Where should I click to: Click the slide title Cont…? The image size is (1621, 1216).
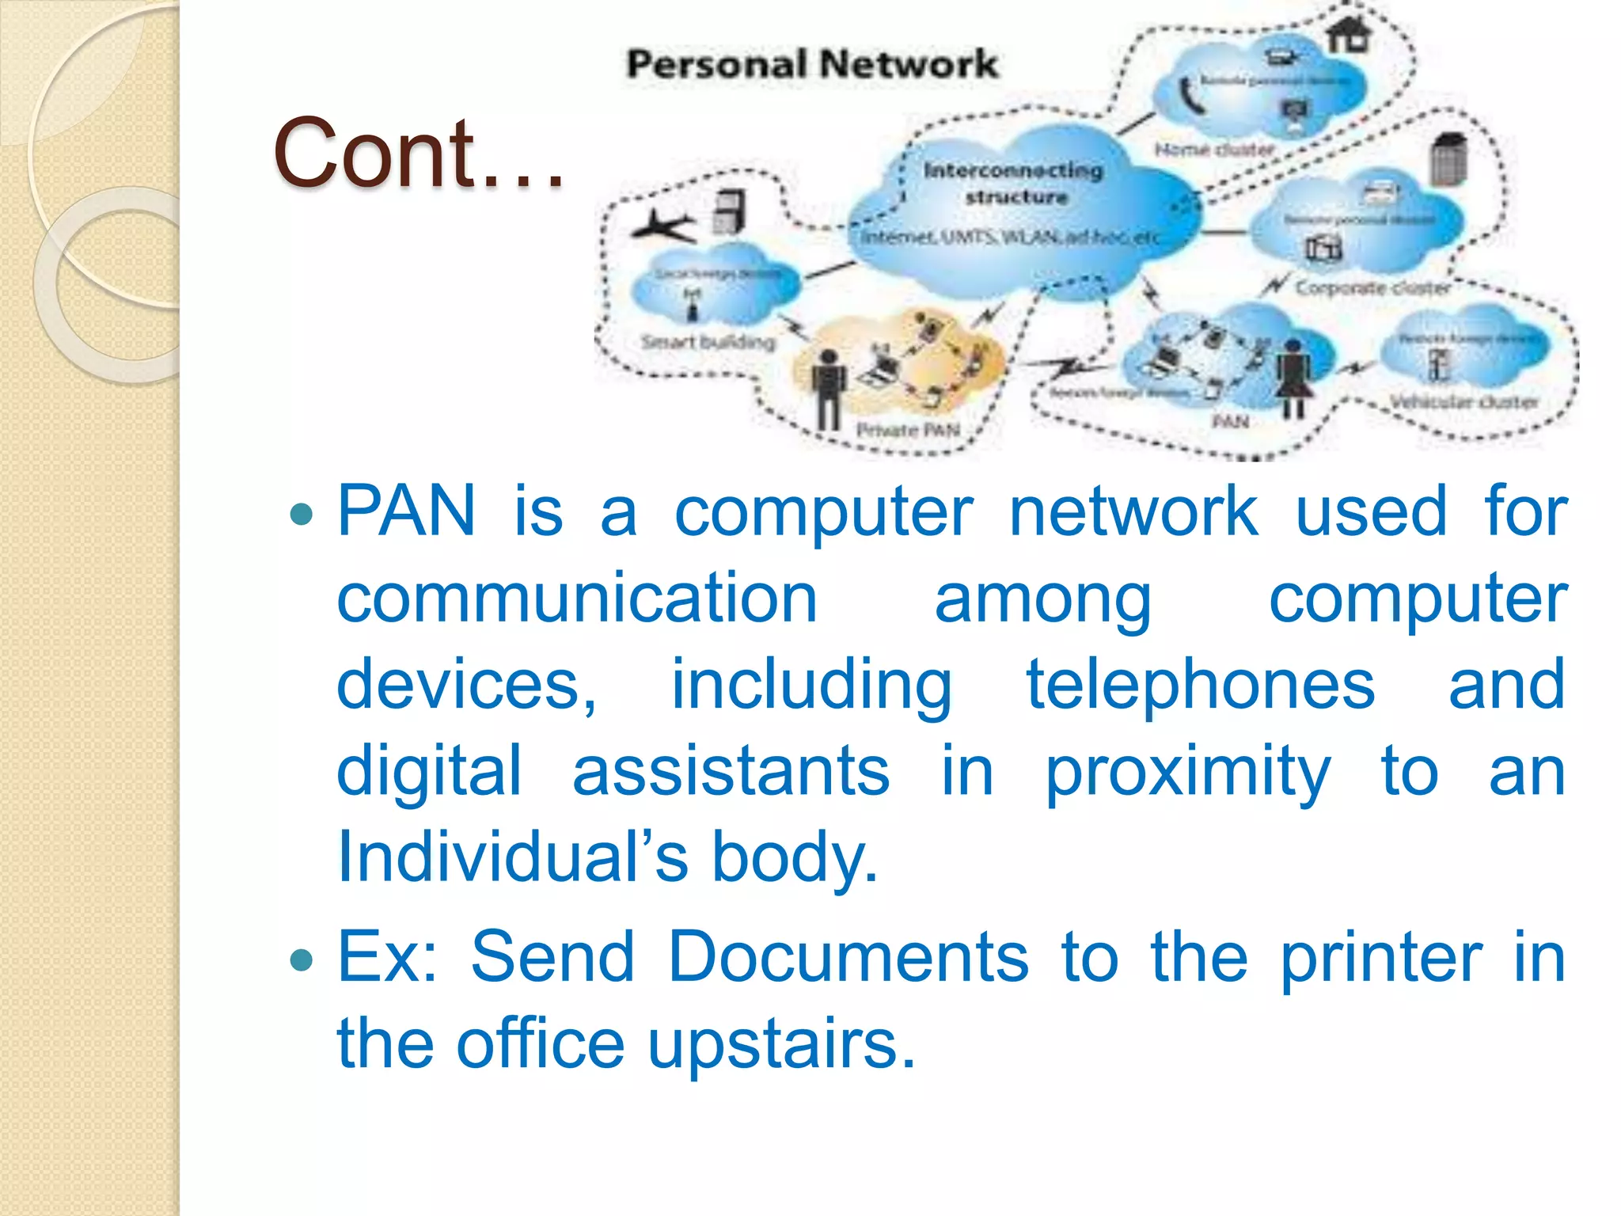(419, 154)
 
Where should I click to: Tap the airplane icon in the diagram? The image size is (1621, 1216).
(662, 226)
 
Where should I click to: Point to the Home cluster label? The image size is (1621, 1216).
(1214, 150)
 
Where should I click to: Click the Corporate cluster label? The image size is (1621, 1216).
(1372, 287)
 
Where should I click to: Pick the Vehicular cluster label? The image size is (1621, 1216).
(1464, 401)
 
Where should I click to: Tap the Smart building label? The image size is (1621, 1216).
(708, 342)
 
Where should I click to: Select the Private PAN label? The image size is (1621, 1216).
(908, 430)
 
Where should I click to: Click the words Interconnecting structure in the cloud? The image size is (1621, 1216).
(1013, 183)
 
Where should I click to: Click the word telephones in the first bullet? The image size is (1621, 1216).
(1200, 685)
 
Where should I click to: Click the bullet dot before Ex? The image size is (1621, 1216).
(302, 960)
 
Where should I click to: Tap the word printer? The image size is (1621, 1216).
(1381, 959)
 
